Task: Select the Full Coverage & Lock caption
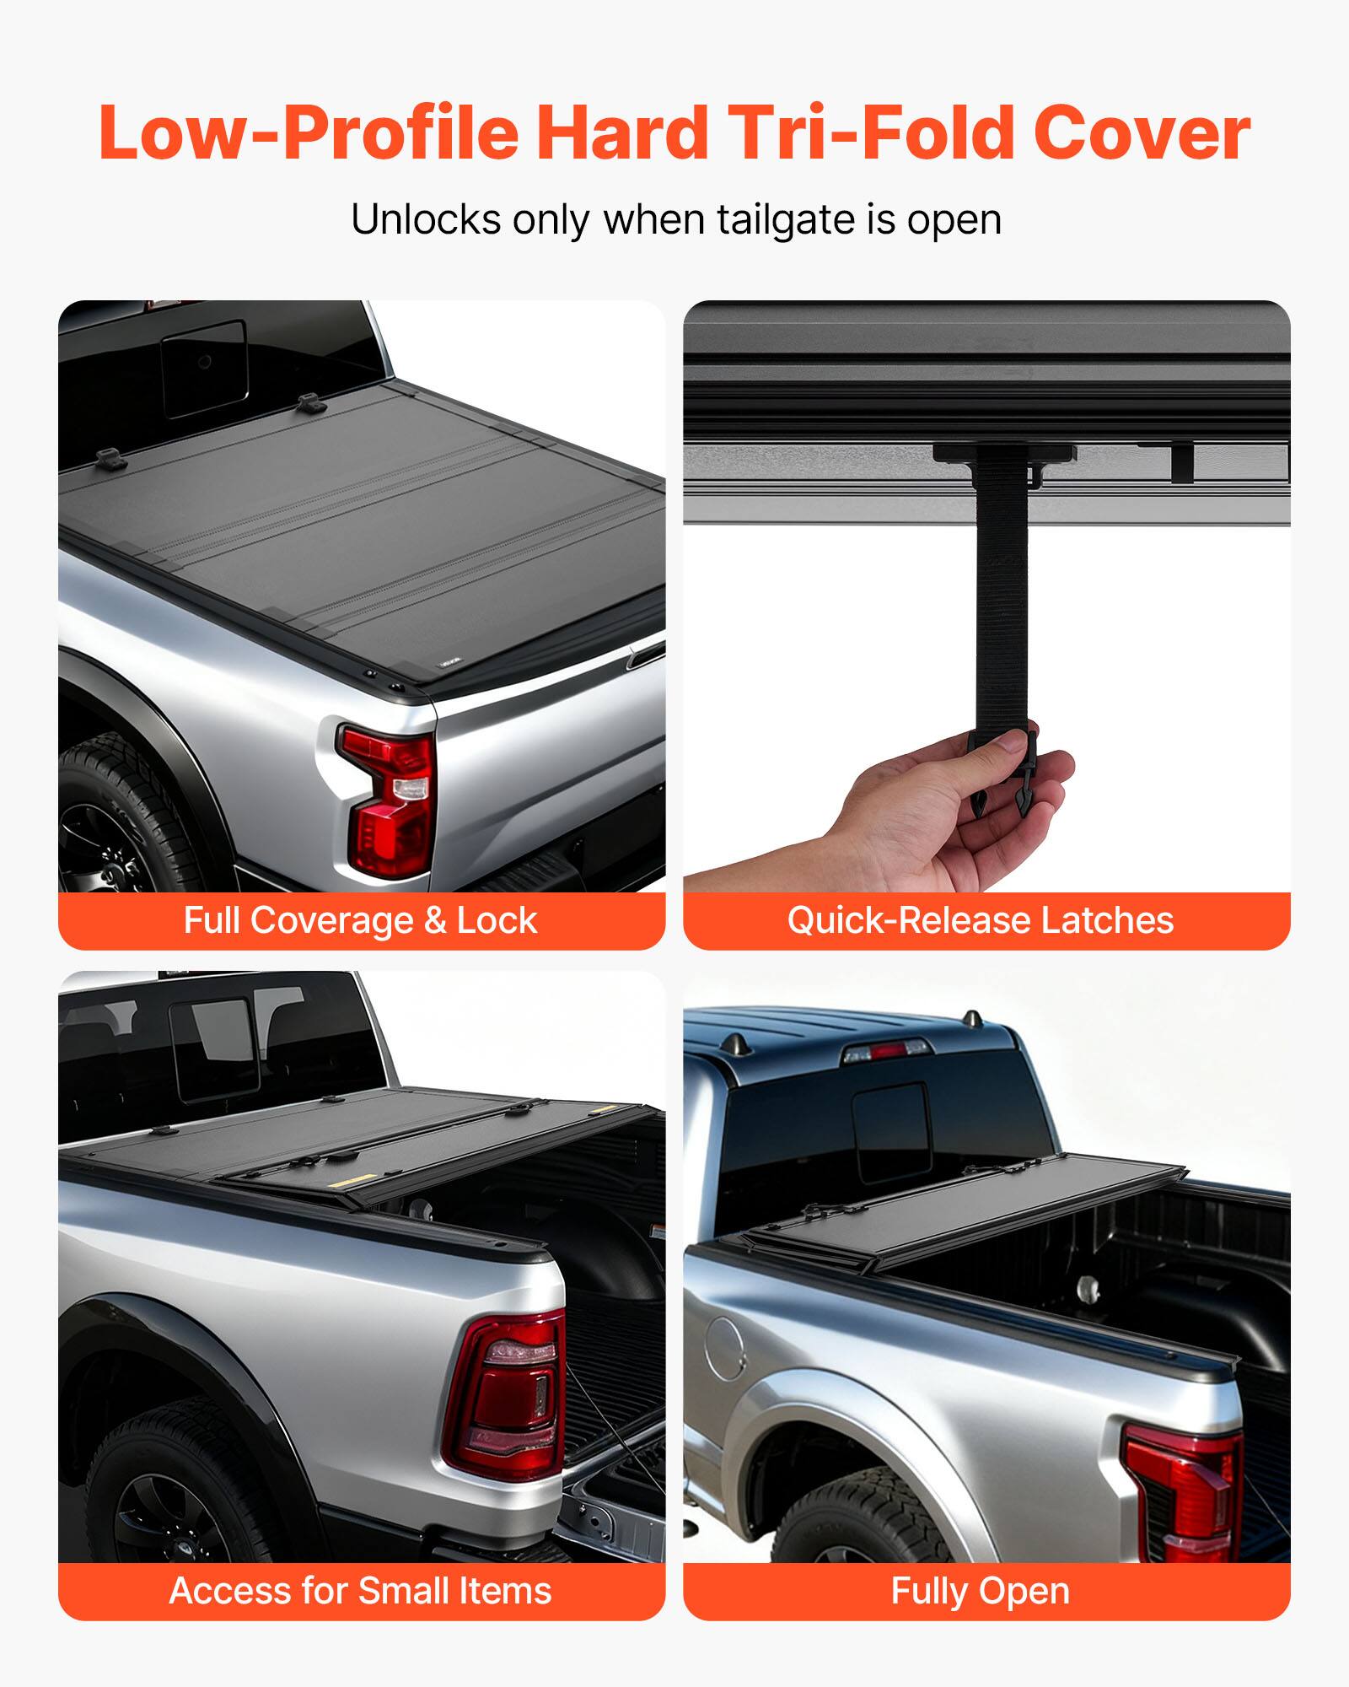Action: click(361, 920)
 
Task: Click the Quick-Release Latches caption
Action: click(980, 920)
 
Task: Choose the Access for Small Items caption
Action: click(361, 1591)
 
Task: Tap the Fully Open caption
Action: click(980, 1591)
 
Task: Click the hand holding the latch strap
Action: click(927, 810)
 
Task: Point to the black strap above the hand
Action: click(1002, 590)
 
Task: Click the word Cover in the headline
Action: click(1142, 133)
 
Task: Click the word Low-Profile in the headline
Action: click(309, 133)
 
